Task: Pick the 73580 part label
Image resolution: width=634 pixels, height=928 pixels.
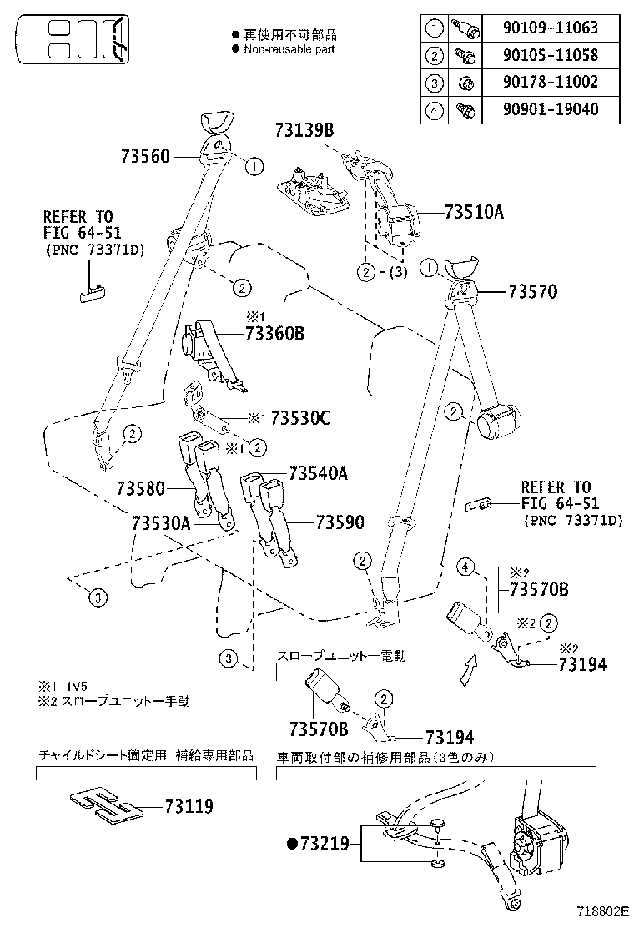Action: [x=142, y=488]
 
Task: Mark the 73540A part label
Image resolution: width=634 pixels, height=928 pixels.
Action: [x=319, y=473]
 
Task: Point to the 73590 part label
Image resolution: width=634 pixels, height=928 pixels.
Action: [x=340, y=522]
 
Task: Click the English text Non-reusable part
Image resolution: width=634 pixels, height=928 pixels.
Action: [x=289, y=49]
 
